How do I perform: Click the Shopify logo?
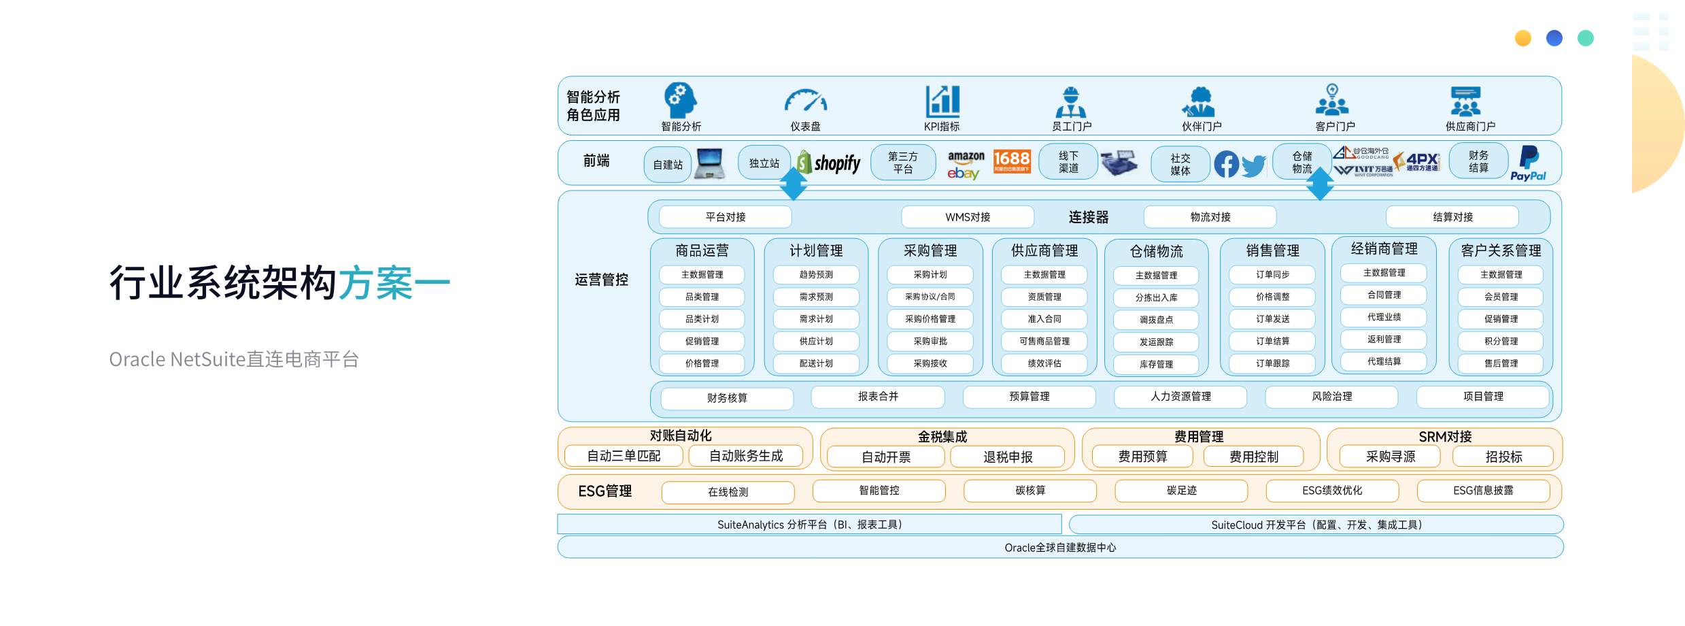coord(830,163)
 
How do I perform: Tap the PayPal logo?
coord(1528,163)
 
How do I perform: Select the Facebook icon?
coord(1226,165)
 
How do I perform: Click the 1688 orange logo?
coord(1012,161)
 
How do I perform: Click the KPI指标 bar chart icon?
coord(942,101)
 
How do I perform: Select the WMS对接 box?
coord(968,217)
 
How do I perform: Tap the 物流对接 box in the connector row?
coord(1210,217)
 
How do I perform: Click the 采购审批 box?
coord(930,342)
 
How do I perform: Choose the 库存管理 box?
coord(1157,365)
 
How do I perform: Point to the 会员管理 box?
coord(1501,297)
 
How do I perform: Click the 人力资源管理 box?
coord(1180,397)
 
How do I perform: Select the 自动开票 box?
coord(886,457)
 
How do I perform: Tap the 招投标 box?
coord(1503,457)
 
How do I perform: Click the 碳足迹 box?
coord(1181,491)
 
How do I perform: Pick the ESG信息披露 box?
coord(1483,491)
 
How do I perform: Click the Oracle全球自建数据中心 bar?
coord(1060,548)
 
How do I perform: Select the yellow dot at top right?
coord(1523,38)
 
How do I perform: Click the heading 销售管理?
coord(1272,251)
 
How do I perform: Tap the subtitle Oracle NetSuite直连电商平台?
coord(234,359)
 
